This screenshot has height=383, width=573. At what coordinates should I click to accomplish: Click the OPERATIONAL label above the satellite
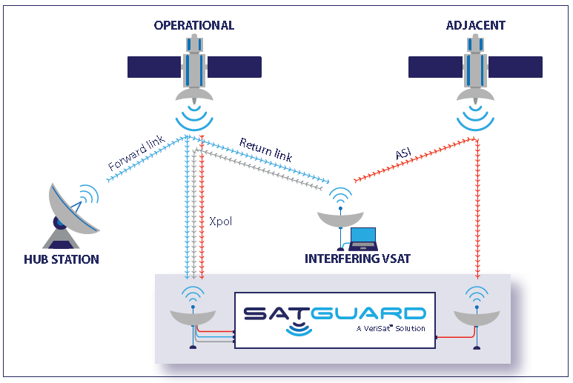(193, 25)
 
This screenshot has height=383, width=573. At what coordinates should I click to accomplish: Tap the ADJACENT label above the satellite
(475, 25)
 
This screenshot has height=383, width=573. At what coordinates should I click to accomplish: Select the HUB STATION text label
(61, 259)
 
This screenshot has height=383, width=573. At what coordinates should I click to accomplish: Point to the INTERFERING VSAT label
(358, 259)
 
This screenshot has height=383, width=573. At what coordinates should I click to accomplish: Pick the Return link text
(265, 148)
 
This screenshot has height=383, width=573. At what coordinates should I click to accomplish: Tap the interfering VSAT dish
(340, 219)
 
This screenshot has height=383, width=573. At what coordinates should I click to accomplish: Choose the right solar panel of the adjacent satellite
(517, 67)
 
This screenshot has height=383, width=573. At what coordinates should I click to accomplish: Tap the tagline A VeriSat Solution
(390, 328)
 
